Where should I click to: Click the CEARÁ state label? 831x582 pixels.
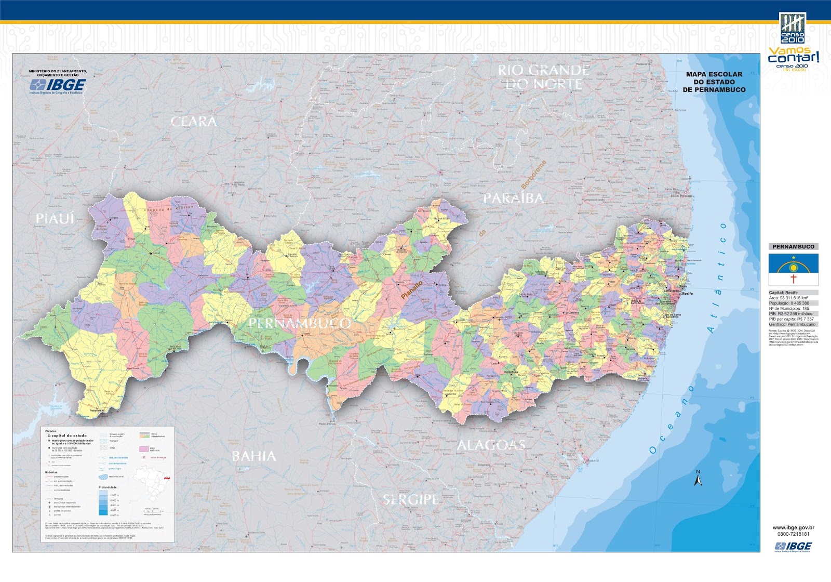point(193,122)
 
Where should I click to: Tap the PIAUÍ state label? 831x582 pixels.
point(55,219)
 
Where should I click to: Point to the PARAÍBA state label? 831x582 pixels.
point(513,199)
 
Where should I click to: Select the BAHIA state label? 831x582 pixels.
point(253,456)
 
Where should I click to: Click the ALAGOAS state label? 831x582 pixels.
point(491,445)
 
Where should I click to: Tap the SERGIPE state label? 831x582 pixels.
point(411,500)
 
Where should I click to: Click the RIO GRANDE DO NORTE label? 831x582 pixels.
point(543,77)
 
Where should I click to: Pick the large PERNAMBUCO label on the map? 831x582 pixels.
point(300,323)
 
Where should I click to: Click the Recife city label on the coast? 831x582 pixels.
point(687,294)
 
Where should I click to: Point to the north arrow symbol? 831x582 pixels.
point(698,479)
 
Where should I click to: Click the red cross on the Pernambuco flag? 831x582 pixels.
point(793,279)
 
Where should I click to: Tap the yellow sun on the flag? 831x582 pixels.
point(793,268)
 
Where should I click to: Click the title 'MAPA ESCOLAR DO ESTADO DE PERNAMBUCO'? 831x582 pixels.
point(714,82)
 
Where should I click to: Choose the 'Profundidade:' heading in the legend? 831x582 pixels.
point(108,487)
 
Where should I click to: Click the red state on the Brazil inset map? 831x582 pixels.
point(167,477)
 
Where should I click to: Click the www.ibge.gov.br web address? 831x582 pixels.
point(793,528)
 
